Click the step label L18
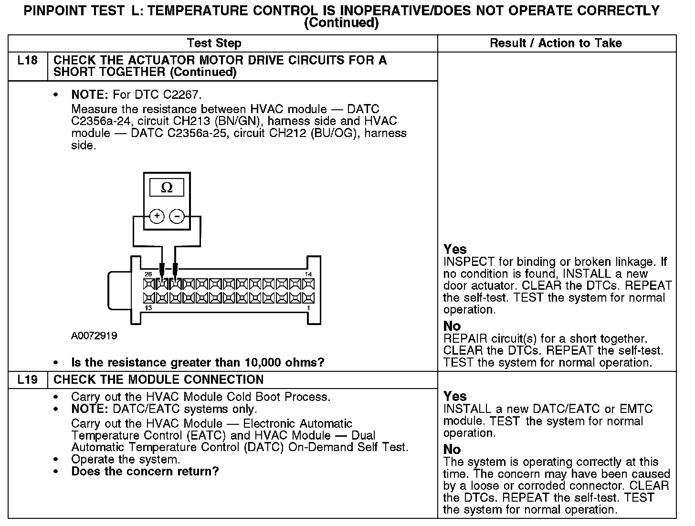click(x=28, y=61)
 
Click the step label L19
click(x=28, y=380)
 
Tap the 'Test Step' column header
click(x=214, y=43)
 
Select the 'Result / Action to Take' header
click(x=556, y=43)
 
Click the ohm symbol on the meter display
click(x=167, y=188)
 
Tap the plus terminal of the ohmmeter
click(x=157, y=217)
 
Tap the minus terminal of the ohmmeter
click(x=177, y=217)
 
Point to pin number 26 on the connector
click(x=148, y=274)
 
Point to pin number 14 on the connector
click(x=308, y=274)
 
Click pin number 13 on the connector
click(x=148, y=308)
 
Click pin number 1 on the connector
click(x=309, y=308)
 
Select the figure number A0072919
click(x=94, y=336)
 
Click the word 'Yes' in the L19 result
click(x=455, y=397)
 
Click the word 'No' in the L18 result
click(x=452, y=326)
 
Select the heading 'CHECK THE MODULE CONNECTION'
click(x=158, y=380)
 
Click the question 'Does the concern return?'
click(x=145, y=472)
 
